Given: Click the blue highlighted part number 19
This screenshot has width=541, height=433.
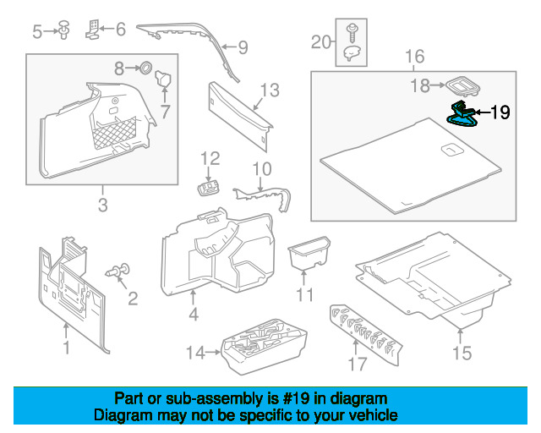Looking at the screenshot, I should (x=462, y=114).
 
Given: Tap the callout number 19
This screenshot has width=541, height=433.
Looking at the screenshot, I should (x=500, y=112).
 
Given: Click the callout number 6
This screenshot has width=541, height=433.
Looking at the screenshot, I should (x=120, y=30).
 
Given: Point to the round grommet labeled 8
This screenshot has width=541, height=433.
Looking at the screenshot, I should (x=145, y=66).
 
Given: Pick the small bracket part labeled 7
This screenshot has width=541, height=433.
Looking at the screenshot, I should (x=164, y=82).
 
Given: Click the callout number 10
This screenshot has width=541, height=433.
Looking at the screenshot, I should (x=262, y=168).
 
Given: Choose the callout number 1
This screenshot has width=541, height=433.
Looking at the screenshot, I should (x=66, y=348).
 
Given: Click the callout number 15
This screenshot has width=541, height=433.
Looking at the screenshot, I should (x=462, y=352).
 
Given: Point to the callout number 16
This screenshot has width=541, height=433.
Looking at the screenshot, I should (x=414, y=58).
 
